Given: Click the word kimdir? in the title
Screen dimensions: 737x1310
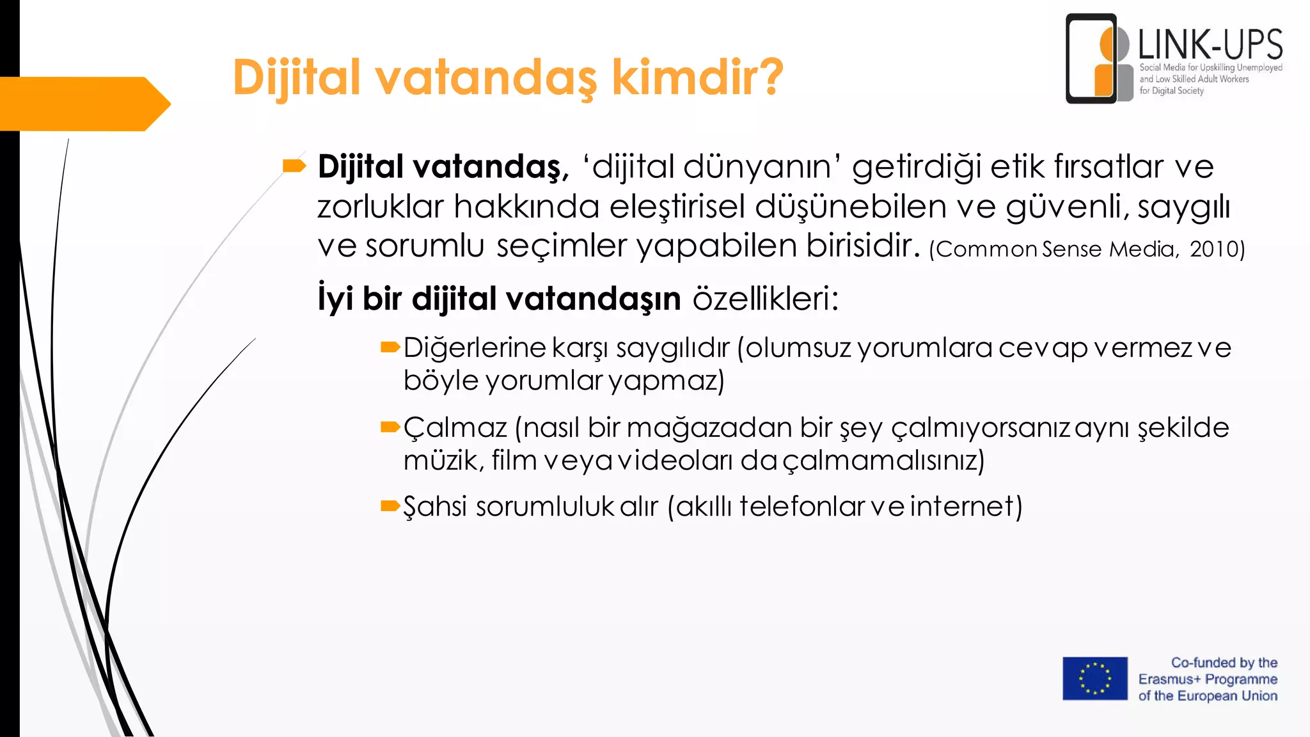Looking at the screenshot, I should coord(697,77).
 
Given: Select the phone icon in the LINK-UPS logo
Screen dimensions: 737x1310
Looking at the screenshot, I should coord(1091,59).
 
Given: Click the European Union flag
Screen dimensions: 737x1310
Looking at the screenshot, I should coord(1095,678).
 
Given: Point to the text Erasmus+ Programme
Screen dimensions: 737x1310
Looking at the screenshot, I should coord(1208,679).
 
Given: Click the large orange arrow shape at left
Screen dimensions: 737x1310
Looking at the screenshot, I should coord(83,104).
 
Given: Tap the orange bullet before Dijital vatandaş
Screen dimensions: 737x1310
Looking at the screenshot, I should coord(294,166).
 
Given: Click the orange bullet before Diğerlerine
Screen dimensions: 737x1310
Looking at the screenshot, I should coord(390,347).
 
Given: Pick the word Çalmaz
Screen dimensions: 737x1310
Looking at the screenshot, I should coord(455,427).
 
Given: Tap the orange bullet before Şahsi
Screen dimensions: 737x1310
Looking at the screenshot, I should coord(390,507).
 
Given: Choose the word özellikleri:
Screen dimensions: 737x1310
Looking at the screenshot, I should coord(765,298).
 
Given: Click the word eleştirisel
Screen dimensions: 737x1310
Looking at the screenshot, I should coord(677,206).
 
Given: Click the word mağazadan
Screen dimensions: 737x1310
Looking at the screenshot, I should coord(709,427).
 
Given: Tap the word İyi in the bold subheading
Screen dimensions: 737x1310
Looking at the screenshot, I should coord(335,298).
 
